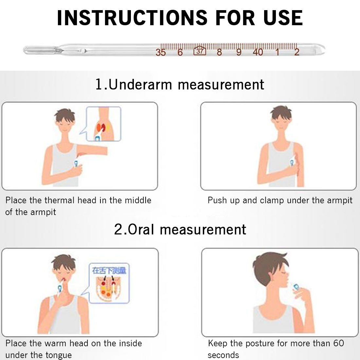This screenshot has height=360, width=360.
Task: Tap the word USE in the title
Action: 283,18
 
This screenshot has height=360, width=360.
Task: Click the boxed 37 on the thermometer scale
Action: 200,51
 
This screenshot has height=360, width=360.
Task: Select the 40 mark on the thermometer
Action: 258,52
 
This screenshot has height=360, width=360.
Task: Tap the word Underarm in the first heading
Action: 140,84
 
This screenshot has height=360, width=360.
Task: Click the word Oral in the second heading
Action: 141,229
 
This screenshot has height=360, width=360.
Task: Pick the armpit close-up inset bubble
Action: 103,124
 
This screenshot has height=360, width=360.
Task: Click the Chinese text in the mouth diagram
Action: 109,270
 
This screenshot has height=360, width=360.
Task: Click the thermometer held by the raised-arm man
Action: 76,164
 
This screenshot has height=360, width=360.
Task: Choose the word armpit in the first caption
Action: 43,212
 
